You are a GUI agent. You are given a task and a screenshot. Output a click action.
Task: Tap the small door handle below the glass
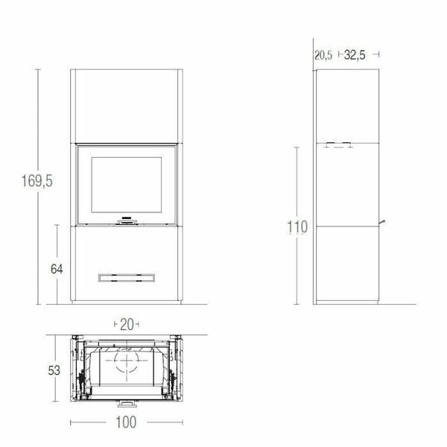tap(124, 221)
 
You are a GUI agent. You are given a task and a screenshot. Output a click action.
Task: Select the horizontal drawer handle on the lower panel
tap(124, 277)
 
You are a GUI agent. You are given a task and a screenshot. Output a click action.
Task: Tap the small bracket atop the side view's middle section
tap(339, 145)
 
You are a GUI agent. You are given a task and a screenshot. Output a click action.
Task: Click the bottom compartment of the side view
tap(347, 264)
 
